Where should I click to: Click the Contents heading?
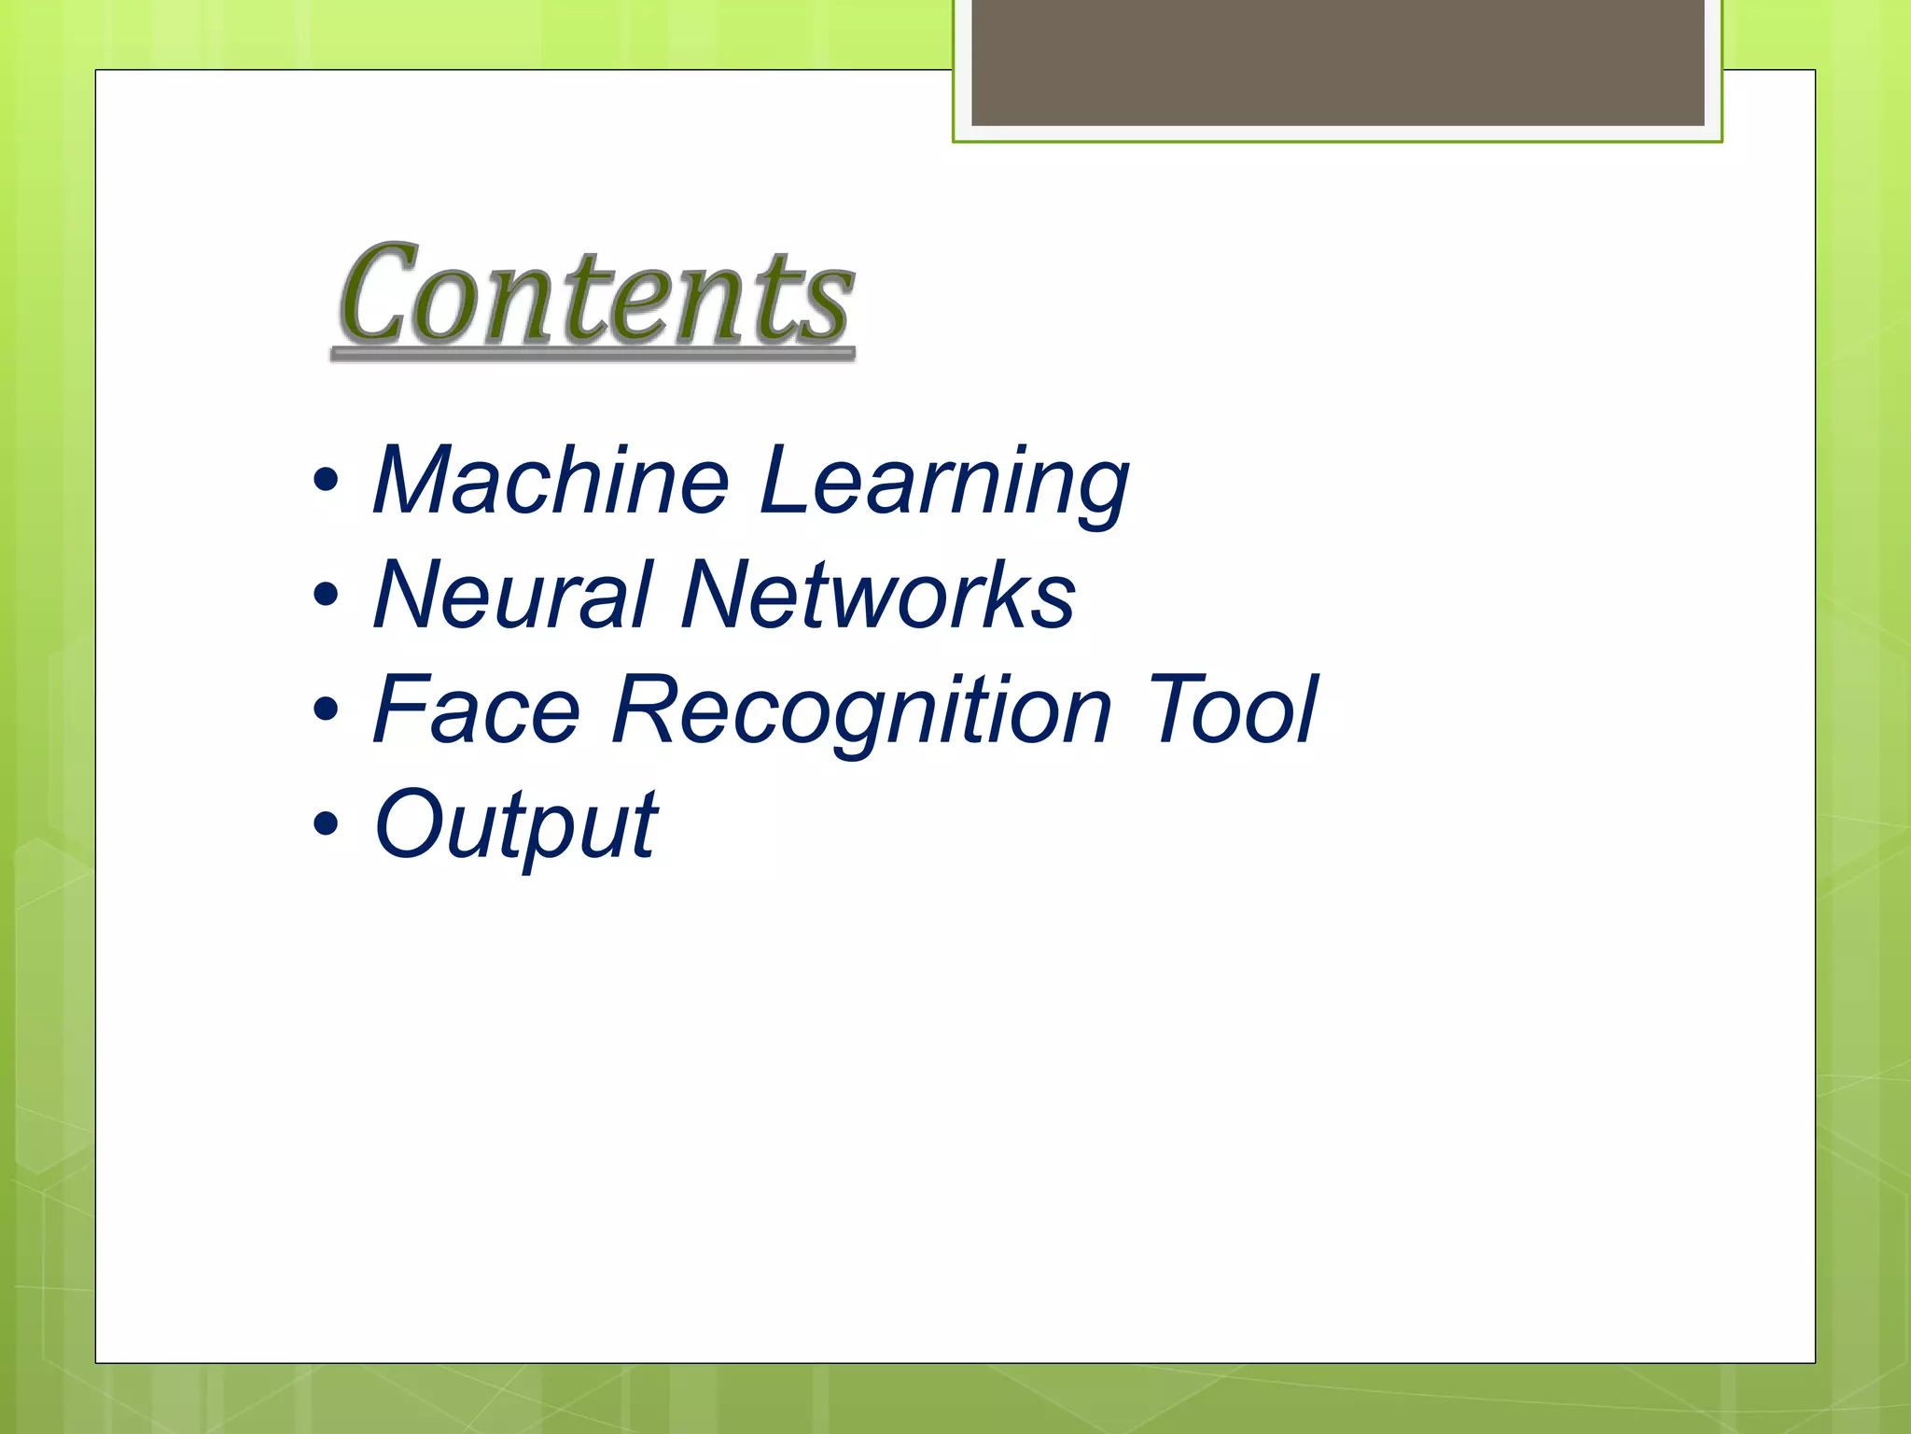click(594, 294)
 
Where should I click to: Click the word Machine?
click(551, 481)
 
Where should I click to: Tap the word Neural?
click(511, 596)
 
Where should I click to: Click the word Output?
click(515, 826)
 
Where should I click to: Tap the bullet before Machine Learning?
click(326, 482)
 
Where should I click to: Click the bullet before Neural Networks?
click(326, 596)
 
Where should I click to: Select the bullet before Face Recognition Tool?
click(326, 710)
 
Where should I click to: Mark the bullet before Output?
click(326, 824)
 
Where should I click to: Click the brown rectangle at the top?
click(1337, 62)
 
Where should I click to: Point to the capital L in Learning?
click(784, 481)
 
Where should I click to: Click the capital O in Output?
click(407, 824)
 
